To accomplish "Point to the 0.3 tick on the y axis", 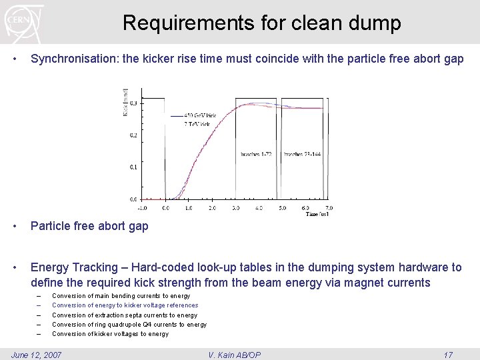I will [x=133, y=103].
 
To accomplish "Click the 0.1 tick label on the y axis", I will [x=133, y=167].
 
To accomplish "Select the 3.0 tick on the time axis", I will [x=235, y=208].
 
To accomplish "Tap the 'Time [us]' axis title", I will [x=318, y=214].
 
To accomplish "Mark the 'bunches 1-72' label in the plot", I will [x=256, y=154].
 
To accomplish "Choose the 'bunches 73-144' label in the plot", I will [x=302, y=154].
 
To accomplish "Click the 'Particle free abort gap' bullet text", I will [x=89, y=226].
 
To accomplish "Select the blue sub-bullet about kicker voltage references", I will [x=125, y=305].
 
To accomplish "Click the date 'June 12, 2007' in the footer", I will [x=37, y=355].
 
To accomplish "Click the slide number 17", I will [x=448, y=355].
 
